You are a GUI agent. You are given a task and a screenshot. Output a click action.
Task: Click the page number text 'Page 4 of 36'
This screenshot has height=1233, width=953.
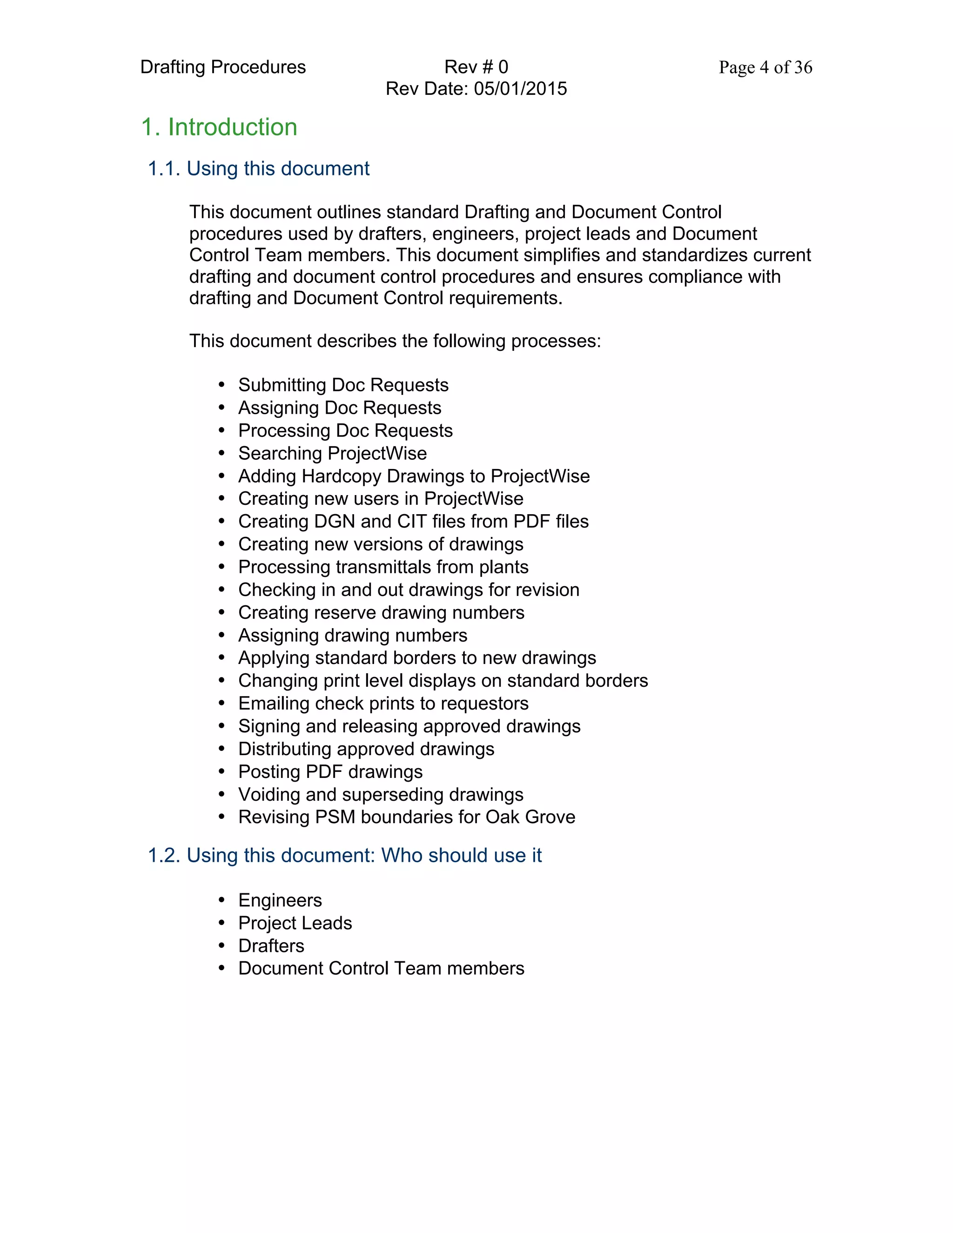[x=765, y=67]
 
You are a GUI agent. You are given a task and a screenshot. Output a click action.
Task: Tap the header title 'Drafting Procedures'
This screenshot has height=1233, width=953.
[x=222, y=67]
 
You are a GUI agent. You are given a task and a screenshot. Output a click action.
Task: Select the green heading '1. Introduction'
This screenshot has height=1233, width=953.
[x=219, y=127]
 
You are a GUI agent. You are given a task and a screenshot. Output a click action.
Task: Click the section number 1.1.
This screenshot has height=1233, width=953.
[x=164, y=169]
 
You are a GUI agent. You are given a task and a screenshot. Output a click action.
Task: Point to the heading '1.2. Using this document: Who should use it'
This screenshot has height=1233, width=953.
[x=344, y=855]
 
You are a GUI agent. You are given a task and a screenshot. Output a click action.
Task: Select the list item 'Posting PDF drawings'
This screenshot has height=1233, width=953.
[x=330, y=772]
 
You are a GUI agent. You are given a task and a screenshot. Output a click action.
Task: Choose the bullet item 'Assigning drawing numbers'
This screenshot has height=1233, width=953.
[x=352, y=636]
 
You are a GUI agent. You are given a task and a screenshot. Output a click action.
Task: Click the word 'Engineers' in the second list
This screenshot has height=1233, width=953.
[x=280, y=900]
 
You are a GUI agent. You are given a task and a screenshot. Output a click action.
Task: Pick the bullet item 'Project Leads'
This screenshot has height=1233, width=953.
[x=295, y=923]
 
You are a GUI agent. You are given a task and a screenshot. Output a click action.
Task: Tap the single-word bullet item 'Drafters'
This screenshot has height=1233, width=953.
[x=271, y=945]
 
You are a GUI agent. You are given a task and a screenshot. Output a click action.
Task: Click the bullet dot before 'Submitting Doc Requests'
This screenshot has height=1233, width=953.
[x=222, y=385]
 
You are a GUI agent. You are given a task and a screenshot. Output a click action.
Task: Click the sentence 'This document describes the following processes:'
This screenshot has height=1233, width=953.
[x=395, y=341]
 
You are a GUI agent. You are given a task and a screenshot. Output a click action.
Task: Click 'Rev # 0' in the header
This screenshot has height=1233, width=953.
[x=476, y=67]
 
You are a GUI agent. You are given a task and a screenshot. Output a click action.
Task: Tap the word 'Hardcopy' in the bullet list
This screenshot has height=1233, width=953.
[x=341, y=476]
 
